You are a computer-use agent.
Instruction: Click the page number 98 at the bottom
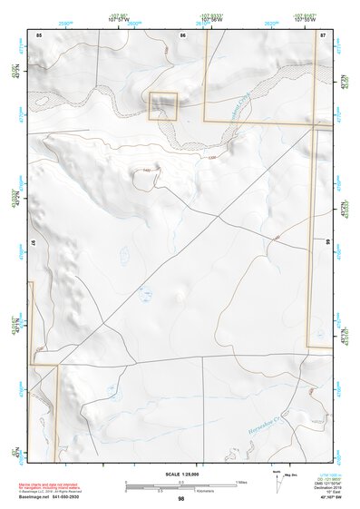(181, 499)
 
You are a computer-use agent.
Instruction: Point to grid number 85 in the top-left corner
(39, 34)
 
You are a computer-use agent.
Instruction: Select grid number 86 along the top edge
(183, 34)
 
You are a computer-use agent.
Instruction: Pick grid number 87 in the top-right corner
(323, 34)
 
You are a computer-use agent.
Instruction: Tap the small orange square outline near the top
(163, 105)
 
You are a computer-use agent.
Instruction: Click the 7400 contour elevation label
(146, 171)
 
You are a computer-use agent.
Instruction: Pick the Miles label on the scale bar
(241, 481)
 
